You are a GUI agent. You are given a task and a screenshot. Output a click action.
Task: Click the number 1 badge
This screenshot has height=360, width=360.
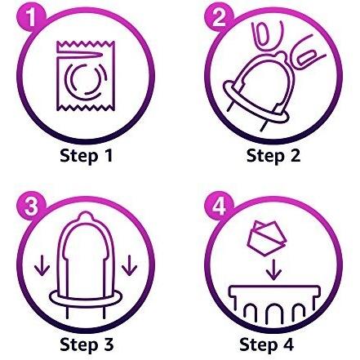tap(31, 18)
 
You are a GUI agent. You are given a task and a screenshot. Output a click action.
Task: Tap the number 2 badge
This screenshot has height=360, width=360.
tap(219, 18)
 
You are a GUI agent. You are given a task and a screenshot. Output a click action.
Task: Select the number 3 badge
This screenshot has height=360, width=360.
tap(31, 206)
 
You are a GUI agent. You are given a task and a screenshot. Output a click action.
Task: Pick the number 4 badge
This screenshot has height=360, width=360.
tap(219, 206)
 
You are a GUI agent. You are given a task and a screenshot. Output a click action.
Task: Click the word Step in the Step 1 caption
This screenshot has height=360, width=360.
tap(78, 156)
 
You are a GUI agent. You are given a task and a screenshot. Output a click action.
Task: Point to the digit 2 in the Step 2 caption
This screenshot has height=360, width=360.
tap(294, 155)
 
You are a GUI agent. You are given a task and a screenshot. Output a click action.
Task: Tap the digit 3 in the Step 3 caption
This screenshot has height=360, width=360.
tap(107, 344)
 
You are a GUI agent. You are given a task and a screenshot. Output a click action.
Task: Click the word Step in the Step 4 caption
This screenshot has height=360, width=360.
tap(258, 344)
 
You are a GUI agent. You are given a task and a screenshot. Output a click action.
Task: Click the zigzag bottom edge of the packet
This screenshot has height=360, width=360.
tap(86, 108)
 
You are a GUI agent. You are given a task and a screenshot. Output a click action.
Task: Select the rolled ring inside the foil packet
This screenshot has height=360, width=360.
tap(86, 79)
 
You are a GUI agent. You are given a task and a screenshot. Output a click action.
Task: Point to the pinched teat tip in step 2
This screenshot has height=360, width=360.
tap(280, 56)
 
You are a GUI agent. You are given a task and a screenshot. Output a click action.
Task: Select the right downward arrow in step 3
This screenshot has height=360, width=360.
tap(129, 265)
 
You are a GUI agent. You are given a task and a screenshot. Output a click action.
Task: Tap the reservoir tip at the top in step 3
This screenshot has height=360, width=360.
tap(86, 216)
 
